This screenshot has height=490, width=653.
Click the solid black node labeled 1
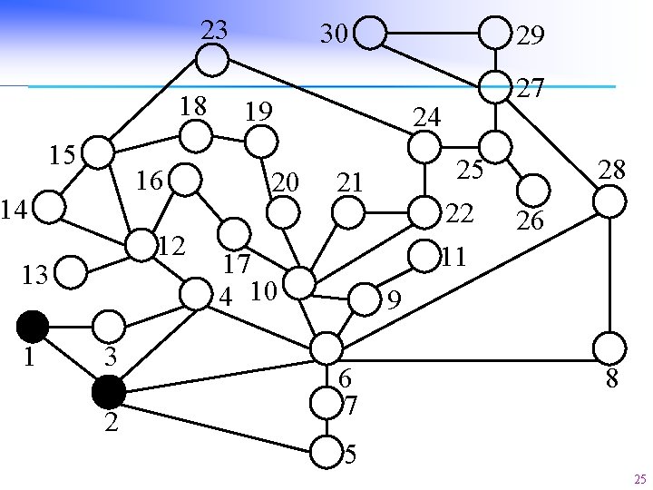click(33, 324)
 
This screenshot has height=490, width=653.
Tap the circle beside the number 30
click(371, 34)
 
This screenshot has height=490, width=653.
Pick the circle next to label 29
click(494, 34)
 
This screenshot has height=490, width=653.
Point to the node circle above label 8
click(609, 347)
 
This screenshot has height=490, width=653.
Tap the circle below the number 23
click(212, 61)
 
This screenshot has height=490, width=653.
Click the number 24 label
click(426, 117)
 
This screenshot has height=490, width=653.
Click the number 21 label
click(350, 183)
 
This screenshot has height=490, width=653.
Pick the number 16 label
click(150, 181)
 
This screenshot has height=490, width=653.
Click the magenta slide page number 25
click(639, 478)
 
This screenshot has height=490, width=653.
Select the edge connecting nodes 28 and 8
click(611, 272)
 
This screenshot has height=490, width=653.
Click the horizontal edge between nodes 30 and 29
click(433, 34)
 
